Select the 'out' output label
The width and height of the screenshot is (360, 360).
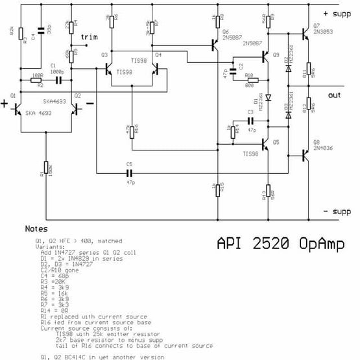click(334, 94)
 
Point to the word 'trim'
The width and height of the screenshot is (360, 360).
click(90, 37)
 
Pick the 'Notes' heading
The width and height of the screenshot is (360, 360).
click(36, 229)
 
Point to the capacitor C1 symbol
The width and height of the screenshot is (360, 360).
click(58, 80)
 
